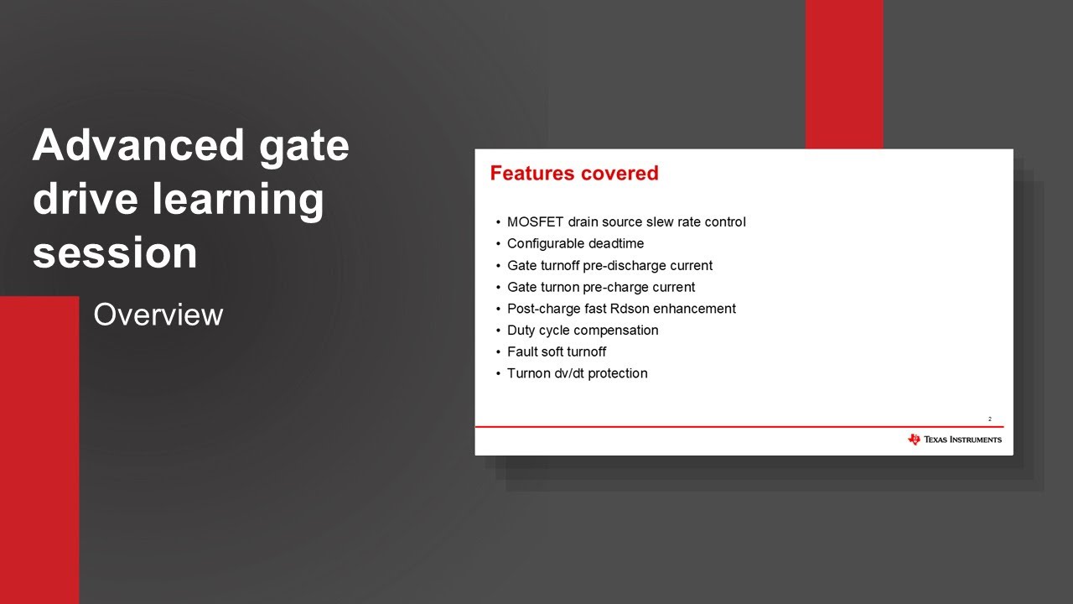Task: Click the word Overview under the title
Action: tap(158, 315)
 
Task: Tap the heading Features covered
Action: tap(574, 173)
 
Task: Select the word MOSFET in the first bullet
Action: tap(535, 222)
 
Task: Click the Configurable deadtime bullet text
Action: tap(575, 243)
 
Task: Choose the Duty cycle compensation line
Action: tap(583, 331)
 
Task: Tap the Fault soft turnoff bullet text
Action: tap(557, 351)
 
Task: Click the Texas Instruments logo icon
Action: tap(914, 439)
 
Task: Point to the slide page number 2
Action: tap(990, 419)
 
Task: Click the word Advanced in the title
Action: tap(138, 145)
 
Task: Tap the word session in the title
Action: tap(115, 253)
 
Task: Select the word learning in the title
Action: tap(238, 200)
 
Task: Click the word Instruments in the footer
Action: tap(976, 440)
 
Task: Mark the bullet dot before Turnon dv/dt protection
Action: tap(498, 374)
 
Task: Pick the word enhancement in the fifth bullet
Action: tap(694, 309)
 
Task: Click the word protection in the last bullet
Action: tap(618, 373)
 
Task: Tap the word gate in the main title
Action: tap(303, 147)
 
